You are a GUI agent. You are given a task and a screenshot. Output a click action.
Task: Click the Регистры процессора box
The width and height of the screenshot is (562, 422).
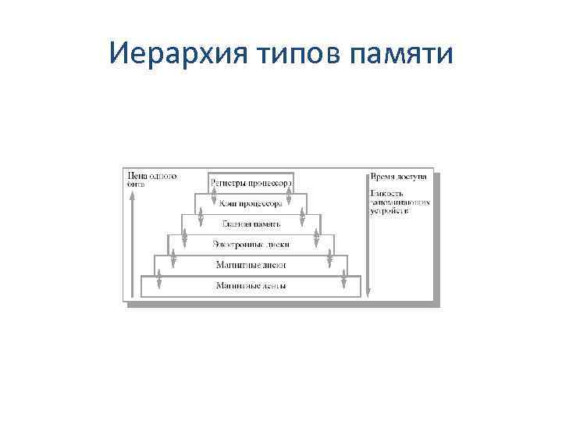click(251, 182)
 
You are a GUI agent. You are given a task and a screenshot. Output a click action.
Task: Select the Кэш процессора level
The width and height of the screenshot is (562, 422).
click(251, 203)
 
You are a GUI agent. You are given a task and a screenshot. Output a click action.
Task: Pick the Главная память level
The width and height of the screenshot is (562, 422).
click(251, 224)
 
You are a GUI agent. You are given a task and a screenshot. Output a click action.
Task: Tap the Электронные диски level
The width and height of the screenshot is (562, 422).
click(251, 245)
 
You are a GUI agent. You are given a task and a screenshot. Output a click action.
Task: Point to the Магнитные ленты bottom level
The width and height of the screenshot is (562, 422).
click(251, 286)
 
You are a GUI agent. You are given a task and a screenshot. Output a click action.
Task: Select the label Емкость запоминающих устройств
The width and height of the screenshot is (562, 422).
click(399, 202)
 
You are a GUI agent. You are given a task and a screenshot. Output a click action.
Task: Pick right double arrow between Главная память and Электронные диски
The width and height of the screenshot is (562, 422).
click(316, 234)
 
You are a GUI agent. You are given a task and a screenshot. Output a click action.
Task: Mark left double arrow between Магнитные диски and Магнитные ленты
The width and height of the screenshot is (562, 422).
click(159, 276)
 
